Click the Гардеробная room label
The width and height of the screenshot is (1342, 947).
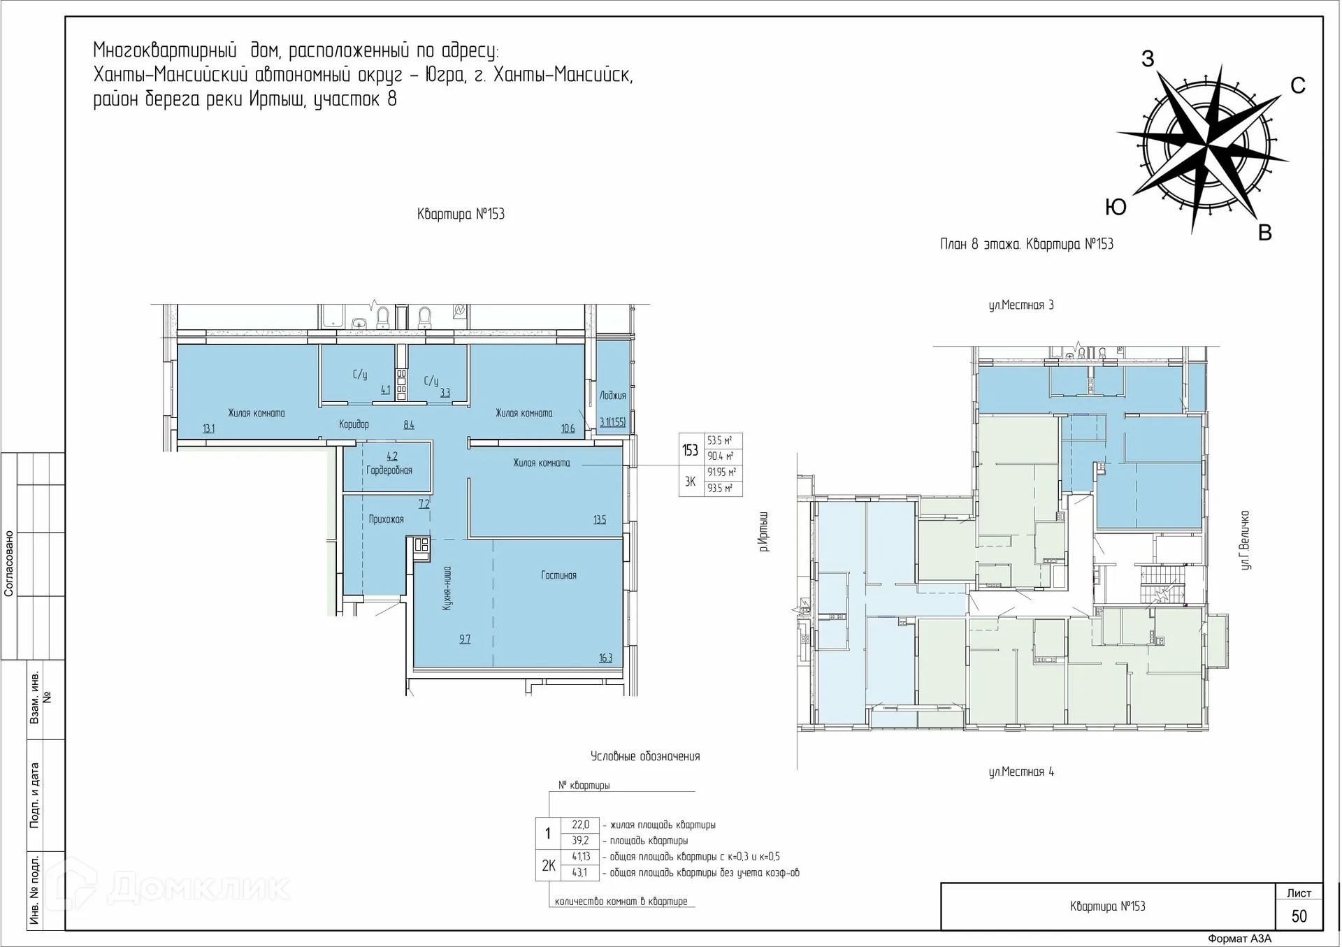pyautogui.click(x=389, y=470)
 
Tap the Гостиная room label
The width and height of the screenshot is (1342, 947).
pyautogui.click(x=558, y=575)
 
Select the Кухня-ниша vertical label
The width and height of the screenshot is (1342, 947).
pyautogui.click(x=447, y=588)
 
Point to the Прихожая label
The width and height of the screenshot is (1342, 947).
pyautogui.click(x=387, y=519)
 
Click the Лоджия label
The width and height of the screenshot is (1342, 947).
pyautogui.click(x=612, y=396)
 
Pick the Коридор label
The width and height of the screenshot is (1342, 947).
pyautogui.click(x=354, y=424)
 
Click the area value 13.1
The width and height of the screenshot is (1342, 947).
pyautogui.click(x=208, y=428)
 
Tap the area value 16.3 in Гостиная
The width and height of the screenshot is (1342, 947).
pyautogui.click(x=605, y=658)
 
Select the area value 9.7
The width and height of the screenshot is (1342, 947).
pyautogui.click(x=465, y=639)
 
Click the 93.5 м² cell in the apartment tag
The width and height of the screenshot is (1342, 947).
pyautogui.click(x=720, y=489)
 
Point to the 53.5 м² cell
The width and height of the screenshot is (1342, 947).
pyautogui.click(x=720, y=441)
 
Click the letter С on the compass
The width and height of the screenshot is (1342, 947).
pyautogui.click(x=1297, y=85)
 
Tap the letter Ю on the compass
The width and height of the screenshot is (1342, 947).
pyautogui.click(x=1116, y=207)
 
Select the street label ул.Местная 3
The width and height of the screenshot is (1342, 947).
pyautogui.click(x=1021, y=305)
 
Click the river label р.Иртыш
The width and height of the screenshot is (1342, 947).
pyautogui.click(x=764, y=531)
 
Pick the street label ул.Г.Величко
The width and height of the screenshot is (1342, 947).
pyautogui.click(x=1245, y=540)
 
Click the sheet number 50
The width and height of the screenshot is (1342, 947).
pyautogui.click(x=1299, y=916)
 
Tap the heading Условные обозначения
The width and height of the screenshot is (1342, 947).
pyautogui.click(x=645, y=756)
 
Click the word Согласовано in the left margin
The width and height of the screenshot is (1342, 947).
pyautogui.click(x=9, y=563)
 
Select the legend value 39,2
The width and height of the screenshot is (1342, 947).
pyautogui.click(x=581, y=841)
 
